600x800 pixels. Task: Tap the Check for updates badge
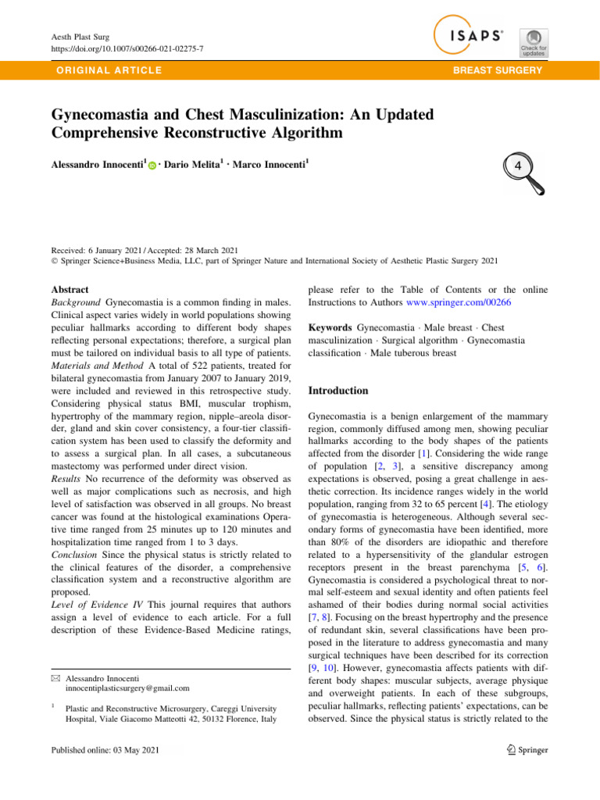533,42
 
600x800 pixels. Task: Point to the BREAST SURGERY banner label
499,70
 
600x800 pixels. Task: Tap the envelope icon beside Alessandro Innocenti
54,677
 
